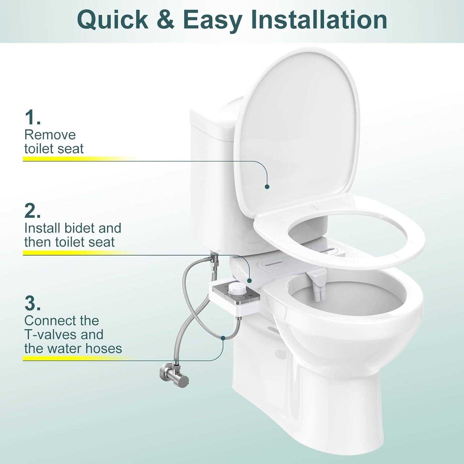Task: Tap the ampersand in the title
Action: [x=165, y=19]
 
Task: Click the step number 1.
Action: [x=32, y=117]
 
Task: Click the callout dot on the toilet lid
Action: [x=267, y=187]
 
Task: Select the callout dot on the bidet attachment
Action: [x=250, y=280]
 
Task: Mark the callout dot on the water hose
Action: [x=223, y=338]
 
